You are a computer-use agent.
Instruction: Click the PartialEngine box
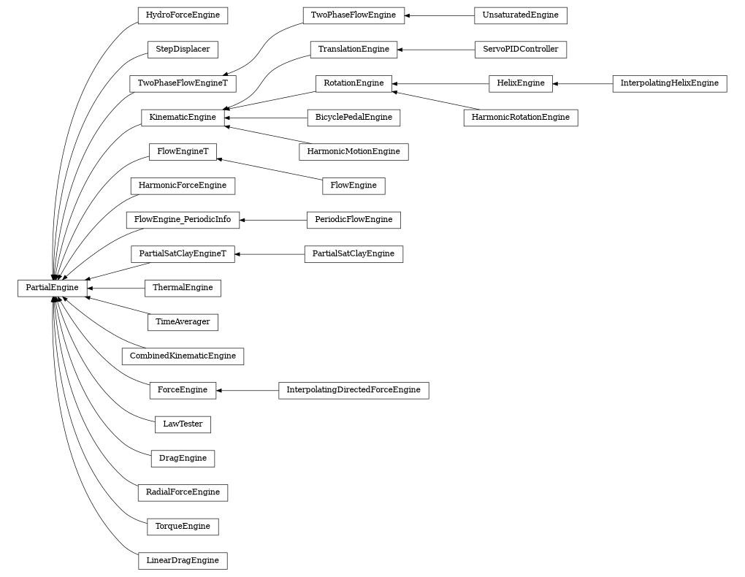click(52, 288)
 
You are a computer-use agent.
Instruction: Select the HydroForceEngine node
click(183, 15)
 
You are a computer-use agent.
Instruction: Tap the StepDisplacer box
click(183, 50)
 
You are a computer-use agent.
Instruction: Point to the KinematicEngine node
click(183, 118)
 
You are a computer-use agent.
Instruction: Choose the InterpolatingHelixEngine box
click(669, 83)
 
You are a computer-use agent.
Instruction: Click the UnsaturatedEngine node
click(520, 15)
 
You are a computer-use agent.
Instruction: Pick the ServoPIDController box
click(520, 50)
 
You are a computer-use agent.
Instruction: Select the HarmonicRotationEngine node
click(520, 118)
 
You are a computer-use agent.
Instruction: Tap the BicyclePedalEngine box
click(354, 118)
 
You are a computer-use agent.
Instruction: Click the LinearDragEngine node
click(183, 561)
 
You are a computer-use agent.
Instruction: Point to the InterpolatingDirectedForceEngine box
click(354, 390)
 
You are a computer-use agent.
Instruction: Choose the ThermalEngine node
click(183, 288)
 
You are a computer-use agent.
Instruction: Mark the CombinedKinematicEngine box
click(183, 356)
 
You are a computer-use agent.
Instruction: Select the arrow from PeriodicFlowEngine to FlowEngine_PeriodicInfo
click(273, 220)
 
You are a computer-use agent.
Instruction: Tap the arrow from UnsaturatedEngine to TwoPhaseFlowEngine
click(439, 15)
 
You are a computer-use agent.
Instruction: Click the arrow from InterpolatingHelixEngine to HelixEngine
click(583, 83)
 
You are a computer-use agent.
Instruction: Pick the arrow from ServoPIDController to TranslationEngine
click(435, 50)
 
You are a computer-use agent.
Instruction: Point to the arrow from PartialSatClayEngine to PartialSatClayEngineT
click(270, 254)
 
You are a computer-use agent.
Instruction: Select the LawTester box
click(183, 424)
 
